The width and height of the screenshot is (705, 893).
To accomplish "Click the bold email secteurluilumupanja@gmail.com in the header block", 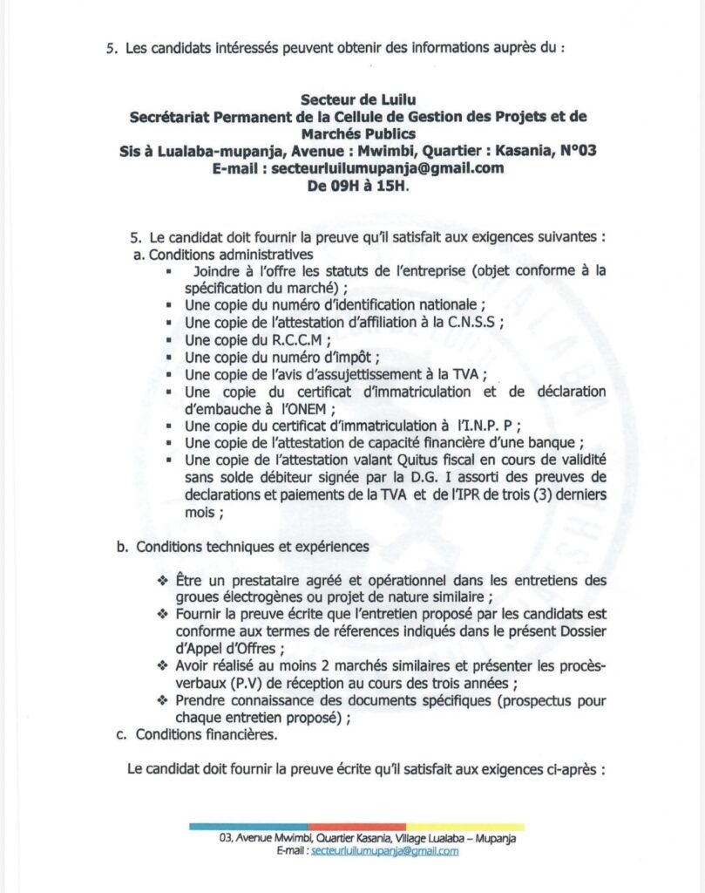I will pyautogui.click(x=388, y=167).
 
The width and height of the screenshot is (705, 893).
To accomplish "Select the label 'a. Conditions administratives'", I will pyautogui.click(x=223, y=255).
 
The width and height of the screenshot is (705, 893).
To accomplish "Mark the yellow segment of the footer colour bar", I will pyautogui.click(x=465, y=825).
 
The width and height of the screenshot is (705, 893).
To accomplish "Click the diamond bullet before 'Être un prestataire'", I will pyautogui.click(x=161, y=580).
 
